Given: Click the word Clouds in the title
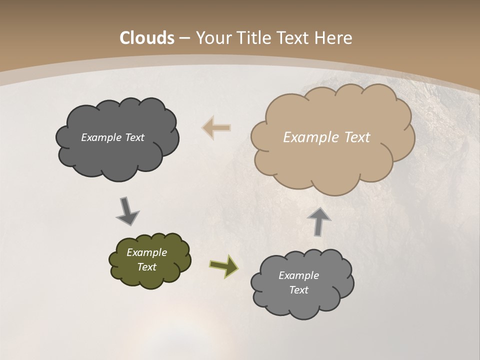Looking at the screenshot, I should [147, 38].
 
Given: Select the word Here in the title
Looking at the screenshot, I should [335, 38].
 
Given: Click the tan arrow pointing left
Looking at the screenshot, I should [216, 128].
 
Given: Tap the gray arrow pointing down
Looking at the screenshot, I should [127, 210].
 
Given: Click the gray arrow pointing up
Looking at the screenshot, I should [318, 221].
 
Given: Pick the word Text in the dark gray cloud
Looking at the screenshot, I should [134, 137].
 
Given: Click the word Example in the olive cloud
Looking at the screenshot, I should [146, 252].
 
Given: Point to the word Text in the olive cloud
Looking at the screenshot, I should [146, 267].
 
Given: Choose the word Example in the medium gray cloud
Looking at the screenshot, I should [298, 275].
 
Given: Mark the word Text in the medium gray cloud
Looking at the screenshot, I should [298, 290].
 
